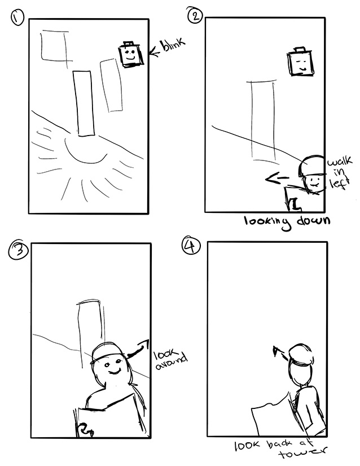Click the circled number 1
click(17, 18)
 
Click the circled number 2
click(195, 15)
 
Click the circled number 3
click(17, 250)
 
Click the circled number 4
click(191, 246)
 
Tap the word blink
click(173, 46)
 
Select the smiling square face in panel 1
click(130, 54)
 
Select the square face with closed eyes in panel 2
click(300, 62)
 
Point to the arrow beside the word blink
click(155, 51)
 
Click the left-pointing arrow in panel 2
click(276, 178)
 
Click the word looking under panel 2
click(266, 223)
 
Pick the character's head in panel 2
click(311, 174)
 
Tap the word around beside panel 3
click(172, 363)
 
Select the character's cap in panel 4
click(301, 354)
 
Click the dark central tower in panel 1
click(84, 103)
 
